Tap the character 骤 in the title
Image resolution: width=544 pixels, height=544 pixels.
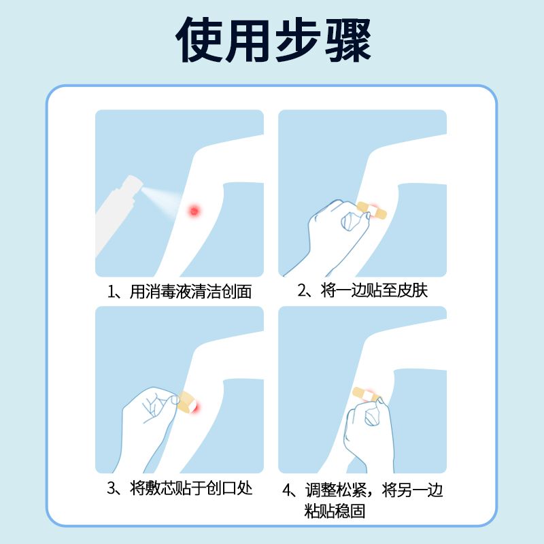tap(348, 39)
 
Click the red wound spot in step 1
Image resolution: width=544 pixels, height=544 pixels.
tap(194, 211)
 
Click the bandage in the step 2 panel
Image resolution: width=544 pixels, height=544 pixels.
tap(371, 210)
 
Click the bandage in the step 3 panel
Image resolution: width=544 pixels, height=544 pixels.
tap(188, 402)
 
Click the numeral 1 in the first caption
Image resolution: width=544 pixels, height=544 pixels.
tap(111, 292)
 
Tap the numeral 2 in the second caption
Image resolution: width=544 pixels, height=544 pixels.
tap(301, 290)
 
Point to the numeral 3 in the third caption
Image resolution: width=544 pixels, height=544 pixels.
tap(111, 488)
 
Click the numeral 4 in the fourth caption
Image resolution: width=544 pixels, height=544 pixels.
tap(286, 490)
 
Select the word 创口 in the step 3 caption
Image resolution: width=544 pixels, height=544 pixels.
tap(222, 488)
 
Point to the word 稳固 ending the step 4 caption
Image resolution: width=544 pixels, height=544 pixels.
tap(350, 511)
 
